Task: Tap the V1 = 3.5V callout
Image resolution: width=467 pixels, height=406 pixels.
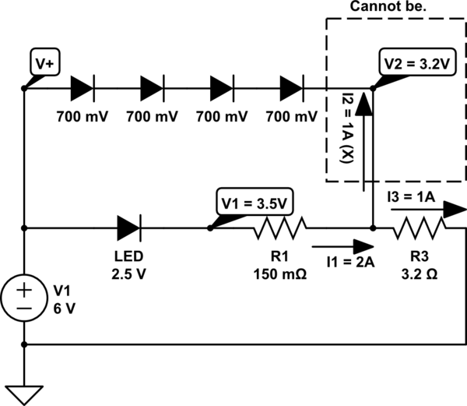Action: pyautogui.click(x=254, y=204)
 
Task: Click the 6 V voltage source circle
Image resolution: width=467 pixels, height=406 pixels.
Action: pyautogui.click(x=25, y=299)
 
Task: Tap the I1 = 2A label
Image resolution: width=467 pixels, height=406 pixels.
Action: pyautogui.click(x=351, y=262)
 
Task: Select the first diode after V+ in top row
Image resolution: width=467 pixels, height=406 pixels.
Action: pyautogui.click(x=82, y=88)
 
